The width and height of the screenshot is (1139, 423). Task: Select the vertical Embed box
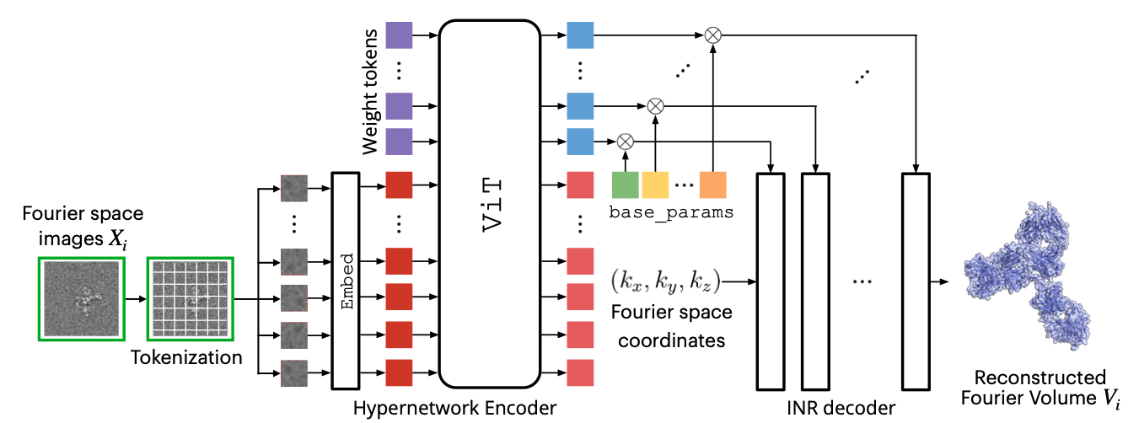pyautogui.click(x=346, y=281)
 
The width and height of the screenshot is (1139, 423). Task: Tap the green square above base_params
pyautogui.click(x=624, y=184)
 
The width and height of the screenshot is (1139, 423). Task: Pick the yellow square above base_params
pyautogui.click(x=655, y=184)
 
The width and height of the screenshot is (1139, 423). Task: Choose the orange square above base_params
pyautogui.click(x=712, y=184)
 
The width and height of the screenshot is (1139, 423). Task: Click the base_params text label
pyautogui.click(x=670, y=212)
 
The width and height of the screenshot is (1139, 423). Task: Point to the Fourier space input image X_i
pyautogui.click(x=82, y=298)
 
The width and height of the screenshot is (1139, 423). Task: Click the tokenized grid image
pyautogui.click(x=191, y=298)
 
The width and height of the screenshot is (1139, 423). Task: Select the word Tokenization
pyautogui.click(x=186, y=357)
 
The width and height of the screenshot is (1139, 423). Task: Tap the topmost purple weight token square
pyautogui.click(x=399, y=35)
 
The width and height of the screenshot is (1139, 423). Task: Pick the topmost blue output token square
pyautogui.click(x=581, y=35)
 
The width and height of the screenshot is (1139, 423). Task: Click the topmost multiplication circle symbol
pyautogui.click(x=713, y=35)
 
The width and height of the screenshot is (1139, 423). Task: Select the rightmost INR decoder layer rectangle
pyautogui.click(x=916, y=280)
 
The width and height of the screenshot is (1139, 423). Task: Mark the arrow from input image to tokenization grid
pyautogui.click(x=136, y=299)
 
